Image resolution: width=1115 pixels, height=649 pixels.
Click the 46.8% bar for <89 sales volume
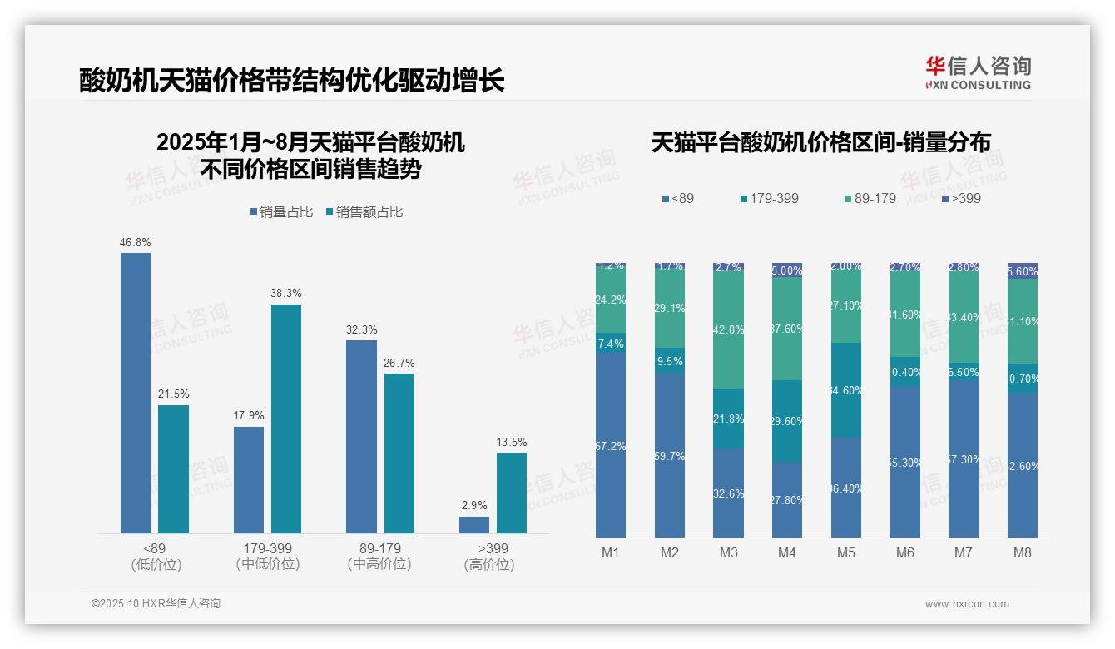[136, 393]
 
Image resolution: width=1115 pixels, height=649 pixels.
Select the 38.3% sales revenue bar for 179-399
[286, 419]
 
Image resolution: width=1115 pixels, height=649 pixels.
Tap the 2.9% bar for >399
[474, 525]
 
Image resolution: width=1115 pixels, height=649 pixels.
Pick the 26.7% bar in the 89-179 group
[399, 453]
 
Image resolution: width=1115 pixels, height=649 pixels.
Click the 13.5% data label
[512, 442]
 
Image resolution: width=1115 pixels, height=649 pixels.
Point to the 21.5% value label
[173, 394]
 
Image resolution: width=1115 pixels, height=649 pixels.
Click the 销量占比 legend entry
[281, 212]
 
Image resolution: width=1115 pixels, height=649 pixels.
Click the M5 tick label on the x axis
[845, 552]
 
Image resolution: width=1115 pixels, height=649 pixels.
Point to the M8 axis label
[1023, 552]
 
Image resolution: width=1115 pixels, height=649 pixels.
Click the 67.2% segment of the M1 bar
[611, 445]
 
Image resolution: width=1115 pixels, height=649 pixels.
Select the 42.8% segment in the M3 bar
[729, 329]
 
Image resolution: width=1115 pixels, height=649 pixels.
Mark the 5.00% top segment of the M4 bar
[787, 270]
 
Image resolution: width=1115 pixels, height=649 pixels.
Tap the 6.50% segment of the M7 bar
[964, 372]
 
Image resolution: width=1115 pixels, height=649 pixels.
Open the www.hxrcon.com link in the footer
[967, 604]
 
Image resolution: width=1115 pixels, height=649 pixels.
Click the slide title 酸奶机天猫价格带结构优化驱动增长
[292, 82]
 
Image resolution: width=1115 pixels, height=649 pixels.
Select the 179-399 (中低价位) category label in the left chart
[268, 556]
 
